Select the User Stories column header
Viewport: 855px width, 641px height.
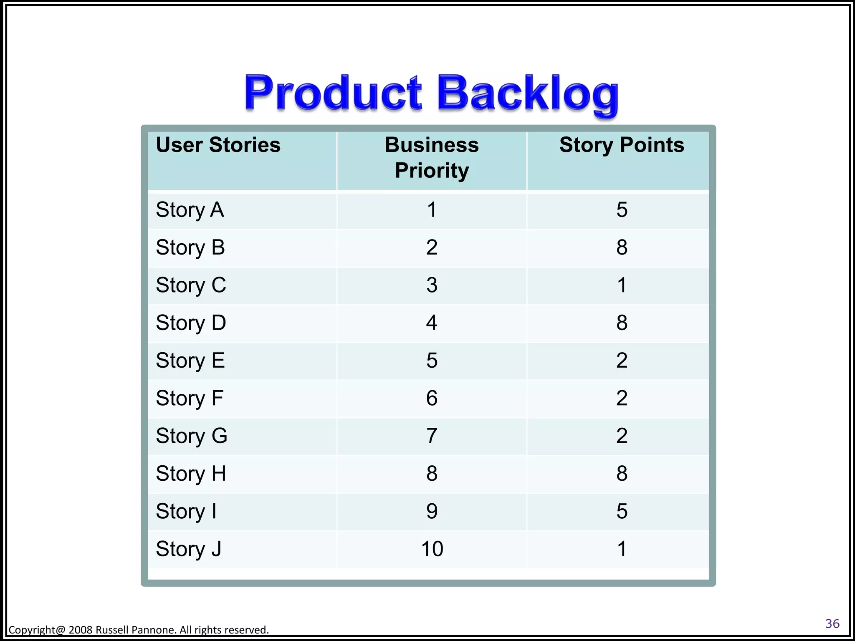218,145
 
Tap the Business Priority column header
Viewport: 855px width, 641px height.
432,158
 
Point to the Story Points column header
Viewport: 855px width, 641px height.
622,145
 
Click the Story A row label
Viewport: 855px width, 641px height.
190,209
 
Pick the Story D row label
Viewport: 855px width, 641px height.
191,323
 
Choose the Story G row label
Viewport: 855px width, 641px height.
192,436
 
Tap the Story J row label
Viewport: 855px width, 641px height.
188,549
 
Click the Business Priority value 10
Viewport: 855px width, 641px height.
432,549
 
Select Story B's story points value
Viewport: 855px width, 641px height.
622,247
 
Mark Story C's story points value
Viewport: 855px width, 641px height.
622,285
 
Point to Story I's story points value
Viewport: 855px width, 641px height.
622,511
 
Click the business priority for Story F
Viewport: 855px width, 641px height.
432,398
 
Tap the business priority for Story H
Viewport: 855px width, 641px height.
432,474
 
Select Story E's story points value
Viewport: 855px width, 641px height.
622,361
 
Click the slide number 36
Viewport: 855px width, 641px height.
832,624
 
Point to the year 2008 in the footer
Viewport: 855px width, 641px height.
81,630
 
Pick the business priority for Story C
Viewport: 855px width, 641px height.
432,285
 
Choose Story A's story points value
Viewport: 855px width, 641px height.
622,209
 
